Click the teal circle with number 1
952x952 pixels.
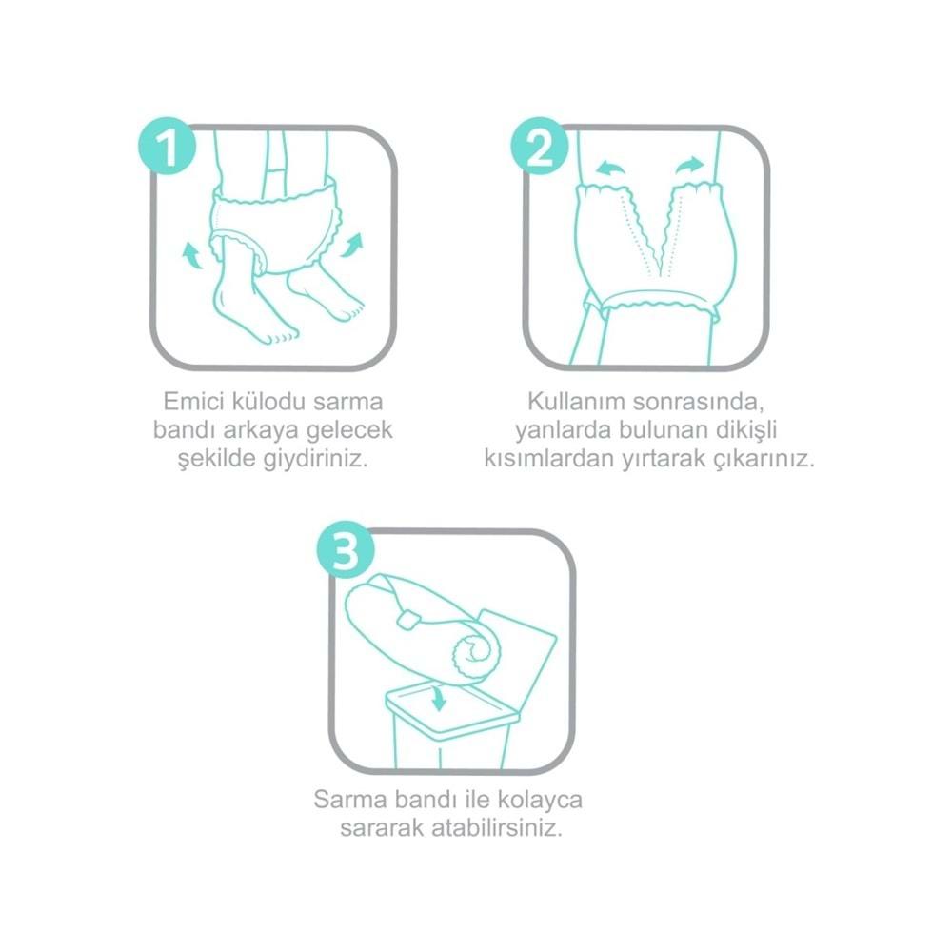point(168,147)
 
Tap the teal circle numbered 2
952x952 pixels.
point(540,147)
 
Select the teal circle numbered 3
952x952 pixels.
point(346,550)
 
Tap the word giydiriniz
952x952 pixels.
point(316,459)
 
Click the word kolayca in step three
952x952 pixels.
point(541,800)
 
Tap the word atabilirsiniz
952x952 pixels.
point(497,828)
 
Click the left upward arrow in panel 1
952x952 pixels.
point(192,255)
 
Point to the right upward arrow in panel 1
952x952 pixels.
point(352,245)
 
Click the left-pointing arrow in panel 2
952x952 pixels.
point(609,169)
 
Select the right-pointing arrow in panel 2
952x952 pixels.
point(689,166)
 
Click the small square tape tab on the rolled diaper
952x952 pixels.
point(407,620)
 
